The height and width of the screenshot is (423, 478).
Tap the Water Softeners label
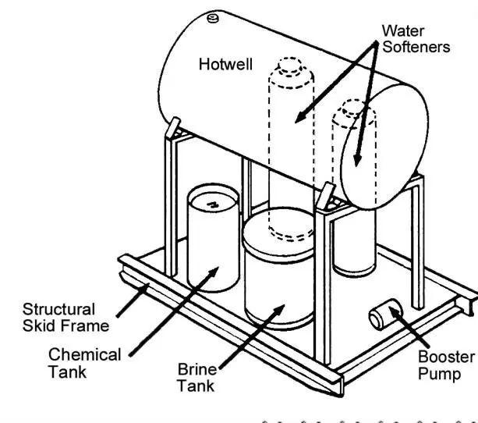pos(416,38)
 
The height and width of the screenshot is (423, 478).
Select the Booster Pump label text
pos(446,364)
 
